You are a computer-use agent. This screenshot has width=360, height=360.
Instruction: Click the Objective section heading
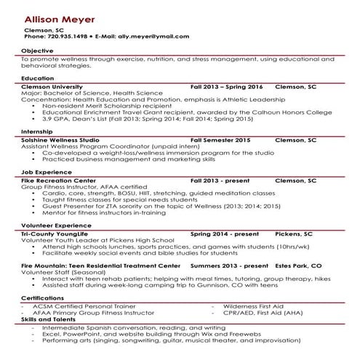coord(37,50)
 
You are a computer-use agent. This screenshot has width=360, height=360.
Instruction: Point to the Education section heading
coord(38,77)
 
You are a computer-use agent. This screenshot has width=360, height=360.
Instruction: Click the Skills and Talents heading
coord(48,319)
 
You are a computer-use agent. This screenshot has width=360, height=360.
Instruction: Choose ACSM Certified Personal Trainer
coord(80,306)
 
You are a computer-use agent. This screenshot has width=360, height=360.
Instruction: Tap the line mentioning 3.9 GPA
coord(138,119)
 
